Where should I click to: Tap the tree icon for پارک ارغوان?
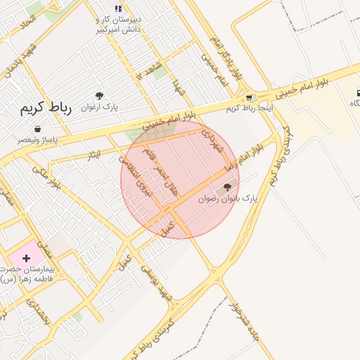point(99,96)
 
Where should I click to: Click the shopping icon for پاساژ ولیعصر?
point(37,129)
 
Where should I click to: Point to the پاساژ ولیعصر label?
point(37,140)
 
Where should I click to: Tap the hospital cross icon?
point(26,259)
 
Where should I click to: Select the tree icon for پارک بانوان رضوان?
point(226,187)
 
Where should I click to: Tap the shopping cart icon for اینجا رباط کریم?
point(250,98)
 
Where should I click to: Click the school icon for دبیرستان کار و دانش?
point(118,8)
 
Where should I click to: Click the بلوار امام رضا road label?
point(243,157)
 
